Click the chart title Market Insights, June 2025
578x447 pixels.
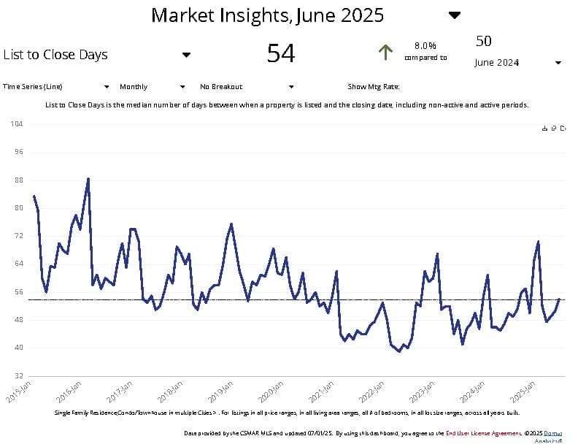click(267, 15)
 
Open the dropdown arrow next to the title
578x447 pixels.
click(455, 15)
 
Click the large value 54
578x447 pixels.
click(281, 53)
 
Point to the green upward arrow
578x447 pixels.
click(385, 52)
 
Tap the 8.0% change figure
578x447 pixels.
click(425, 45)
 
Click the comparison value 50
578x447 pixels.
click(484, 40)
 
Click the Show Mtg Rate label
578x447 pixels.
click(373, 87)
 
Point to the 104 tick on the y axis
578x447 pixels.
click(17, 124)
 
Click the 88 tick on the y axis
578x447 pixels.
click(18, 180)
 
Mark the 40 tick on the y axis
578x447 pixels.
click(18, 348)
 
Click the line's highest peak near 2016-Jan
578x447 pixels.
click(88, 178)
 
